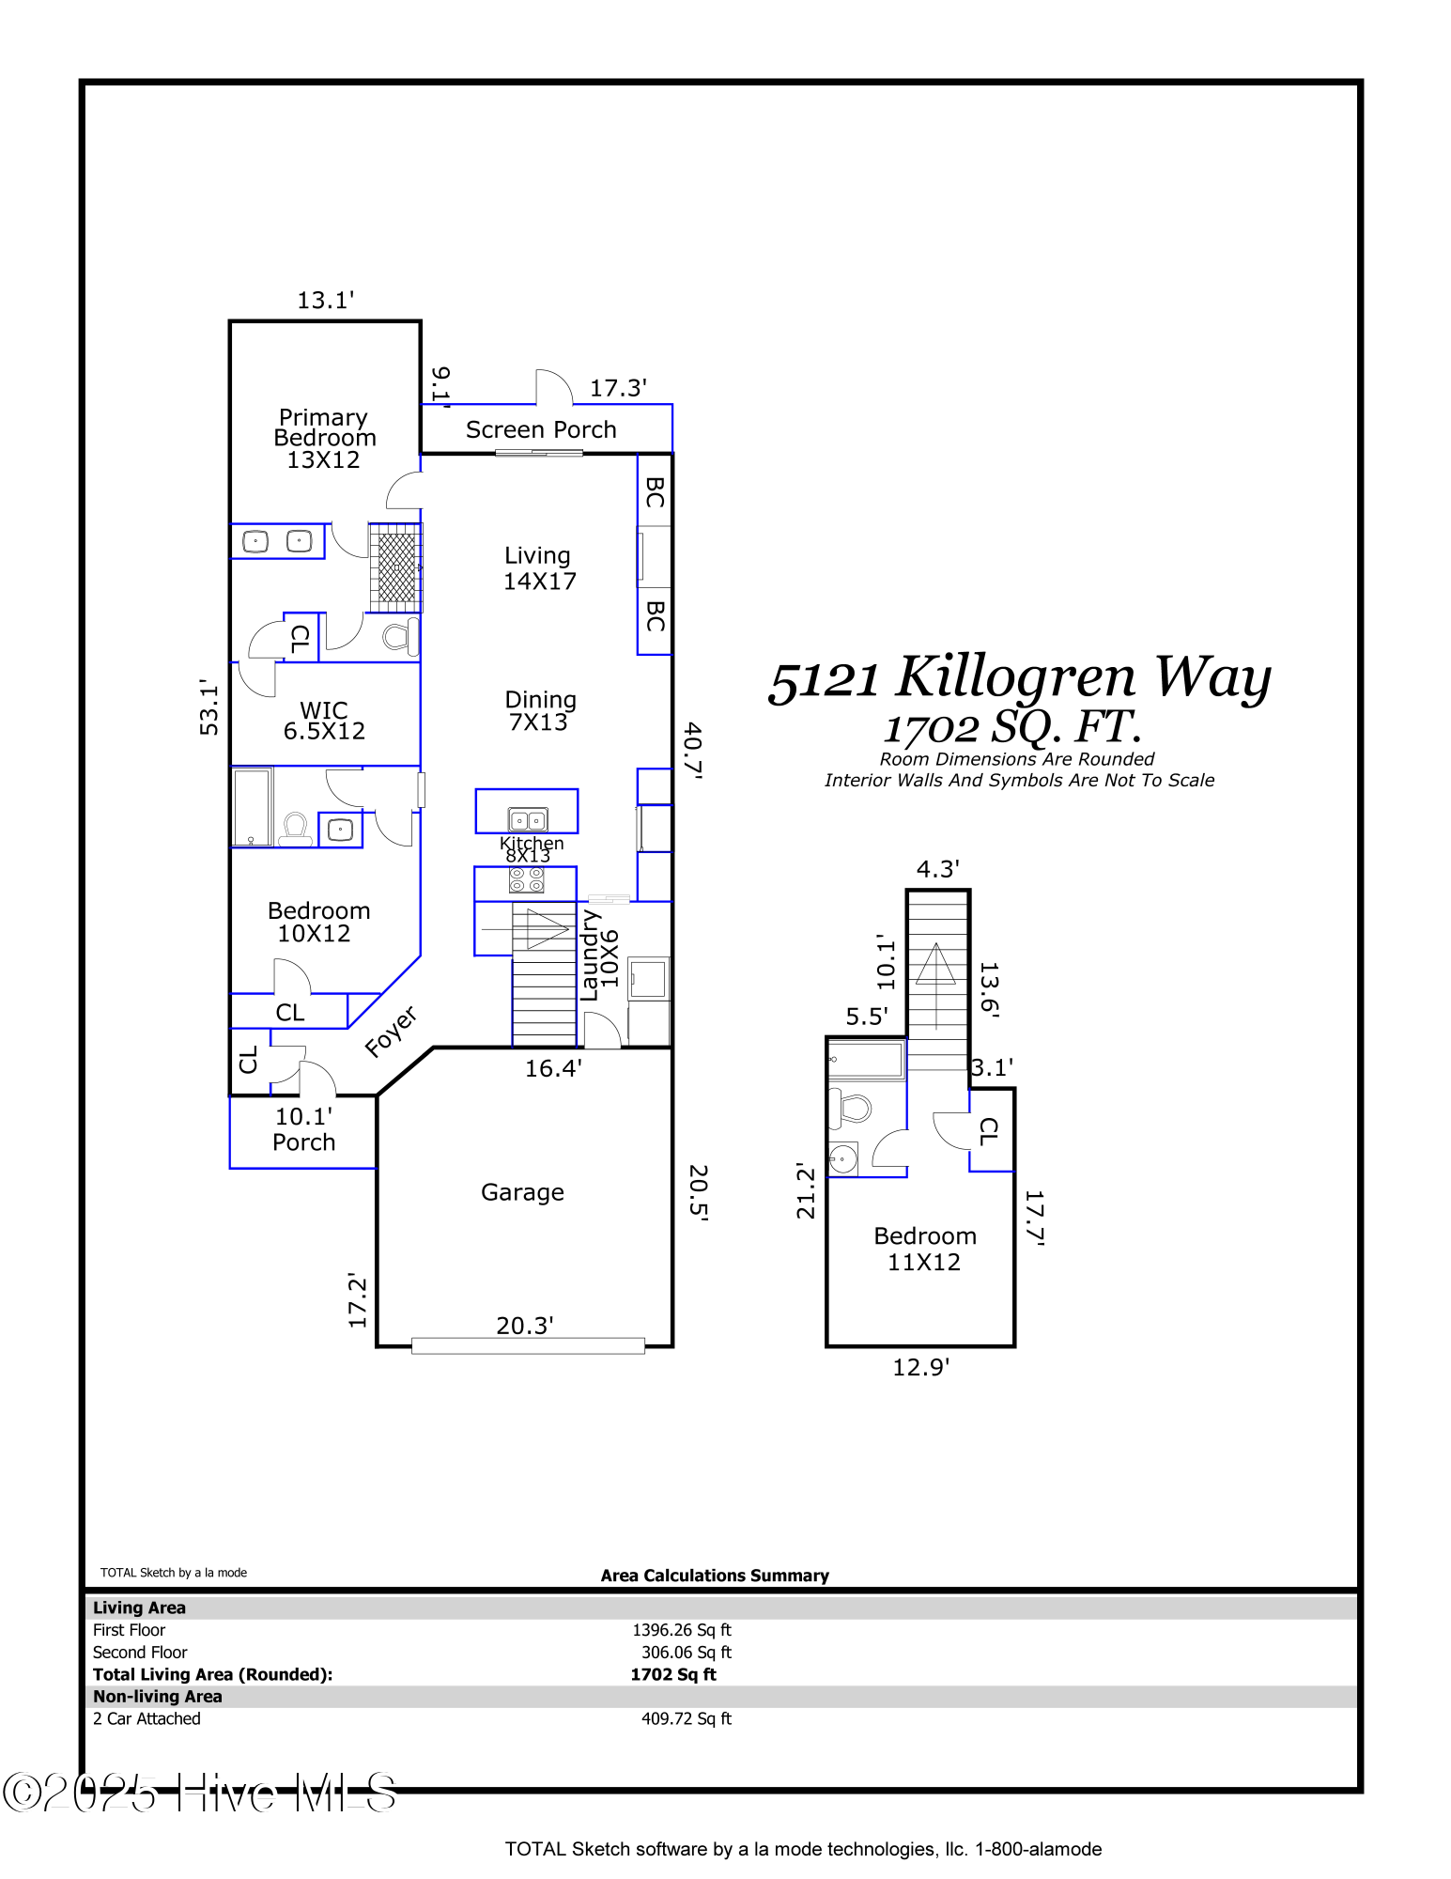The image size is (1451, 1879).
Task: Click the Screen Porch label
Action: [541, 429]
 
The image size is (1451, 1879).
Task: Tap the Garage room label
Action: [522, 1192]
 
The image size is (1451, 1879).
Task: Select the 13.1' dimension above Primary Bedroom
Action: [325, 300]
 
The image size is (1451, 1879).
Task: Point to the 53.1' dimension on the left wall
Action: [208, 707]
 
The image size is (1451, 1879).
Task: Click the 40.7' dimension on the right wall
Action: [693, 750]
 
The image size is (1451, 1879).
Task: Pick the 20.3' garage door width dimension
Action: [524, 1326]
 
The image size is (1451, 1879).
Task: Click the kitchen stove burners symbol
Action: [526, 879]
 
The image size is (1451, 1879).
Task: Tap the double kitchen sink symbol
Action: [528, 820]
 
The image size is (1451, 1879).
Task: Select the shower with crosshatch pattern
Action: [395, 567]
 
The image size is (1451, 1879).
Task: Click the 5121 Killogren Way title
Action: [1019, 677]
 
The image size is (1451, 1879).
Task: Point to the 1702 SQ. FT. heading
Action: [1012, 726]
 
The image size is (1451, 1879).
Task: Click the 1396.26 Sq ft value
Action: [681, 1630]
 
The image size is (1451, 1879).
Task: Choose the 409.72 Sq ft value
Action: [686, 1718]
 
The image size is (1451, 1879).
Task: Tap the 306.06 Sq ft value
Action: [686, 1653]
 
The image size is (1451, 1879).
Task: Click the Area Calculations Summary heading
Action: [715, 1576]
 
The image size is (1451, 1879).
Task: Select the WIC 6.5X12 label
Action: [324, 721]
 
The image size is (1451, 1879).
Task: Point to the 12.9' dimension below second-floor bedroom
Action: [920, 1367]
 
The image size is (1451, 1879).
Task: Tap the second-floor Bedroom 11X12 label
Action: [925, 1249]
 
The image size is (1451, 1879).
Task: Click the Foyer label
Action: [391, 1032]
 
